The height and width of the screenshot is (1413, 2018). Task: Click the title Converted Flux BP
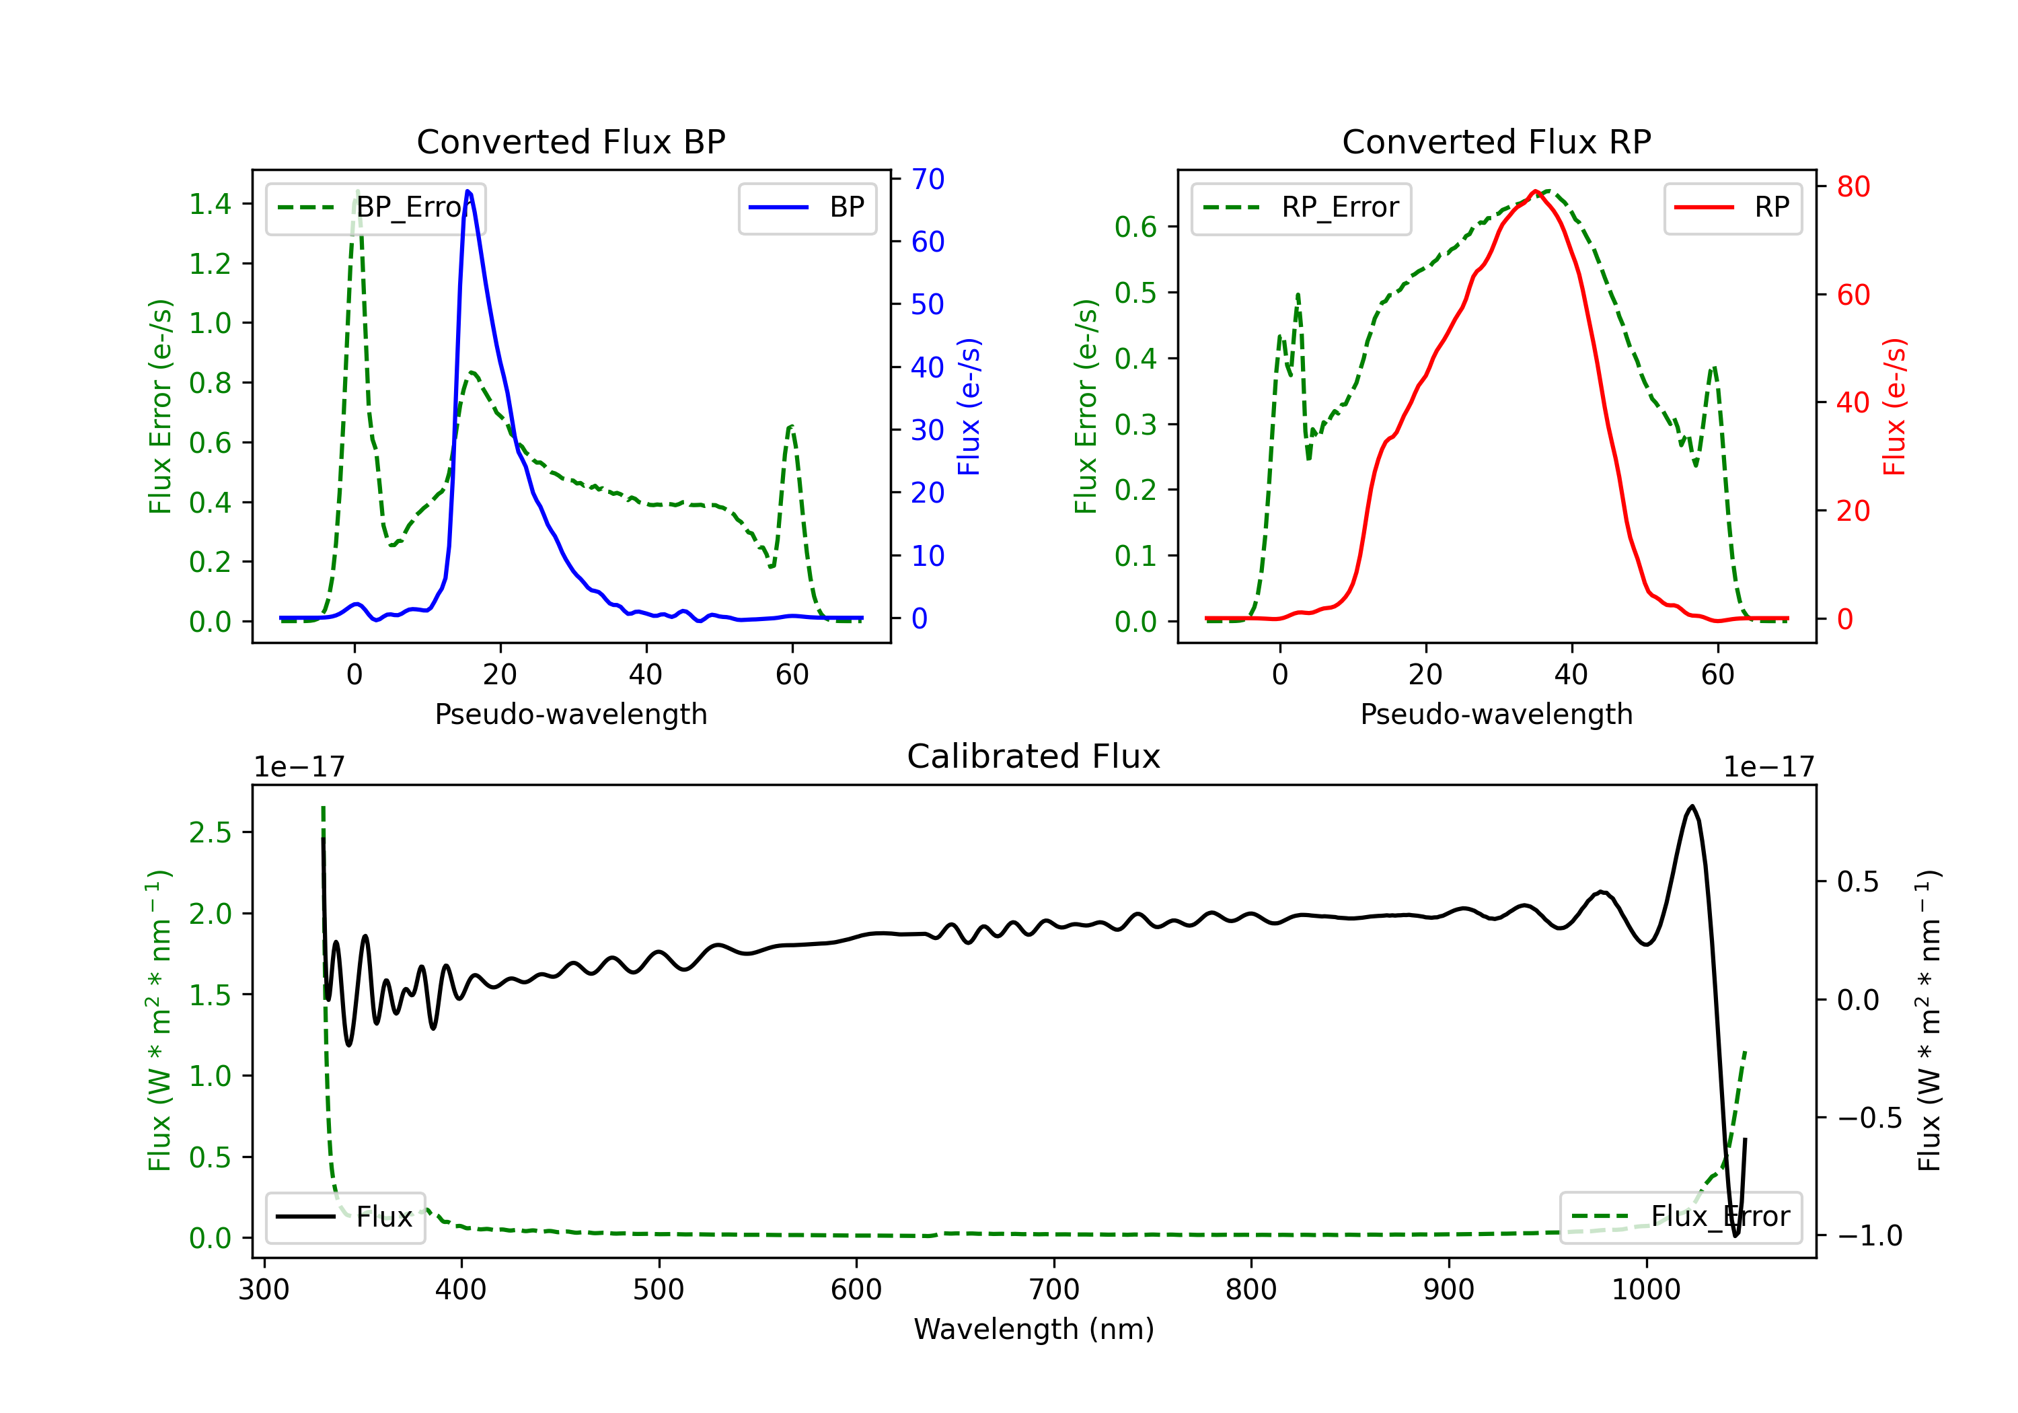pos(571,141)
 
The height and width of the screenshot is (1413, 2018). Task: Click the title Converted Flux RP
pos(1497,141)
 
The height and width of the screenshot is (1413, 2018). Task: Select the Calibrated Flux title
pos(1034,756)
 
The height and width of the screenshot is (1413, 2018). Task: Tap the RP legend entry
pos(1732,207)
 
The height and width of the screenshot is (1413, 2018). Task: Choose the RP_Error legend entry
pos(1301,207)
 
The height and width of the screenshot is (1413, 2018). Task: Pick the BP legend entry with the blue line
pos(807,207)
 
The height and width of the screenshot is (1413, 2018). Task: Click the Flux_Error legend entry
pos(1680,1217)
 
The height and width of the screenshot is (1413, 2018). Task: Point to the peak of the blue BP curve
pos(468,191)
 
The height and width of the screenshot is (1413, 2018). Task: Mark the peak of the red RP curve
pos(1534,192)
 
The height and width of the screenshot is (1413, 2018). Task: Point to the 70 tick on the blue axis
pos(927,180)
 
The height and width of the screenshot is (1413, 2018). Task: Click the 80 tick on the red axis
pos(1853,186)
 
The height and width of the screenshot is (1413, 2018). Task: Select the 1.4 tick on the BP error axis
pos(210,204)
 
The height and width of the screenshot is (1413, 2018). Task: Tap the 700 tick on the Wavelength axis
pos(1054,1290)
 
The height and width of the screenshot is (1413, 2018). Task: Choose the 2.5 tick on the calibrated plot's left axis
pos(210,833)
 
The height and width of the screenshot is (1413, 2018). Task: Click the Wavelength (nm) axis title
pos(1034,1330)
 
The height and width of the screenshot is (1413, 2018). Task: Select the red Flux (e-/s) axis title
pos(1894,407)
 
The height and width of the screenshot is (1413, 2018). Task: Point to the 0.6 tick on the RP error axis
pos(1135,227)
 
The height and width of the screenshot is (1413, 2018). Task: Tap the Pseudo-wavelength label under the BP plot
pos(571,714)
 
